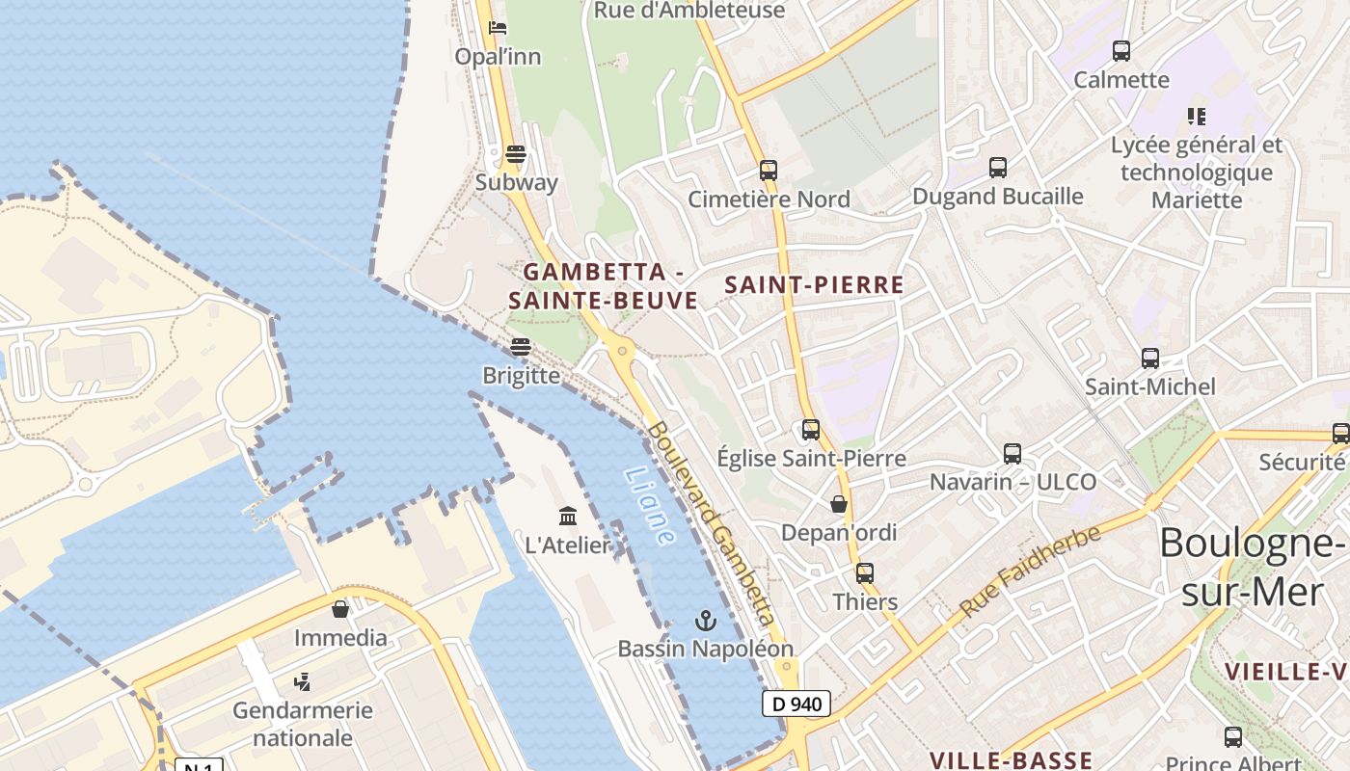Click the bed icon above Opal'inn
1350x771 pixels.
coord(498,27)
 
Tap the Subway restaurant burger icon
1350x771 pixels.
coord(516,154)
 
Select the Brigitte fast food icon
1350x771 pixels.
coord(521,347)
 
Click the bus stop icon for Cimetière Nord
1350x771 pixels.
coord(768,171)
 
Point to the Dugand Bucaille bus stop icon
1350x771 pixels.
coord(998,168)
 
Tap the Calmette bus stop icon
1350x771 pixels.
coord(1120,51)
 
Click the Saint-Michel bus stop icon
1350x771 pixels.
coord(1149,359)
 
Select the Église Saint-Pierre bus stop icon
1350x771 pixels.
coord(811,430)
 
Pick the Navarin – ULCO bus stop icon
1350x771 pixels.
coord(1012,453)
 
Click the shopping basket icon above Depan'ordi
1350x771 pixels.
coord(839,504)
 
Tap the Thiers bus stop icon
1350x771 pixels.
coord(865,573)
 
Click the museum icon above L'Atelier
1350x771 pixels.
coord(568,517)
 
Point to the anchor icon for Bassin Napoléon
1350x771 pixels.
coord(706,621)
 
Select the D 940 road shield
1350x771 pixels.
coord(796,704)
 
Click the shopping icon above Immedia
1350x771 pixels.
coord(340,609)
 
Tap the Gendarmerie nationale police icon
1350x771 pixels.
coord(302,682)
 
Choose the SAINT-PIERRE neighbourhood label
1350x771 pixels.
coord(814,285)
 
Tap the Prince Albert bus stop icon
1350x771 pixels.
coord(1232,737)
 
